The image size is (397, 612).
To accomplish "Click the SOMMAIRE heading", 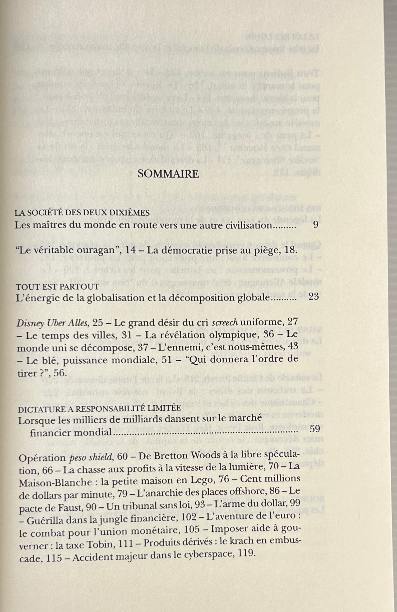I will pos(168,174).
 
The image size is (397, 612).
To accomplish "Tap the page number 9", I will pos(315,225).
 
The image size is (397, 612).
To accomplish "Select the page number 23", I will pos(313,297).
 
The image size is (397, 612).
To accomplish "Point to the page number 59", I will pos(315,429).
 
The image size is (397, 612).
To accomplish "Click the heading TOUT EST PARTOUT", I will pos(58,286).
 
